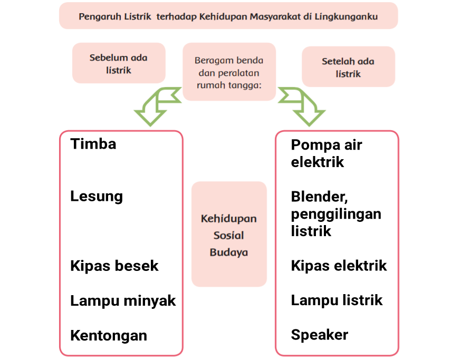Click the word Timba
point(93,144)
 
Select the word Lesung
point(97,197)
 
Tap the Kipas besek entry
point(114,266)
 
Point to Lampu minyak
point(123,301)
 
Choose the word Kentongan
point(109,335)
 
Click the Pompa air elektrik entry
point(326,153)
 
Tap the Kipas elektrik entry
point(339,266)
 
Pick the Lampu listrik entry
point(337,300)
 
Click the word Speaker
point(320,335)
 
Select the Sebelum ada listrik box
point(119,63)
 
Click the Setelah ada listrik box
point(348,67)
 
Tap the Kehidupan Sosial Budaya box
point(229,235)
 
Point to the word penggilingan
point(336,214)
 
